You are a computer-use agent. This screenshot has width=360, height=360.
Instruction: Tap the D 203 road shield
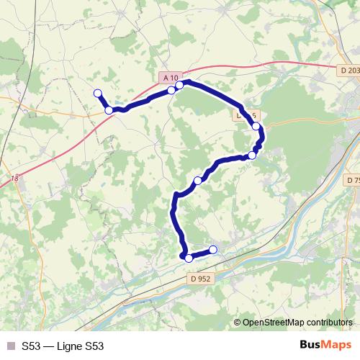tap(349, 70)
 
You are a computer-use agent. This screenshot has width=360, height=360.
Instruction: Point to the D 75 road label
tap(353, 179)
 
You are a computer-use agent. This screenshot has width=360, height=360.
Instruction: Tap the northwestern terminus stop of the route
tap(97, 92)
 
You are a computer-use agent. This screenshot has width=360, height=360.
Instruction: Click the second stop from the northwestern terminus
tap(109, 109)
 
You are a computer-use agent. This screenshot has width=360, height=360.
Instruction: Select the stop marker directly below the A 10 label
tap(171, 90)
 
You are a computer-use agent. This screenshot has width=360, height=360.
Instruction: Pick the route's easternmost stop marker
tap(256, 126)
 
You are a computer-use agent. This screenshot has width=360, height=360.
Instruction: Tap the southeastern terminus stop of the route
tap(213, 250)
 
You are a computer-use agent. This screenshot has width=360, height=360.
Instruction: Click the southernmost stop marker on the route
tap(189, 258)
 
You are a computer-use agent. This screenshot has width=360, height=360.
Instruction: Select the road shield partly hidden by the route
tap(243, 114)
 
